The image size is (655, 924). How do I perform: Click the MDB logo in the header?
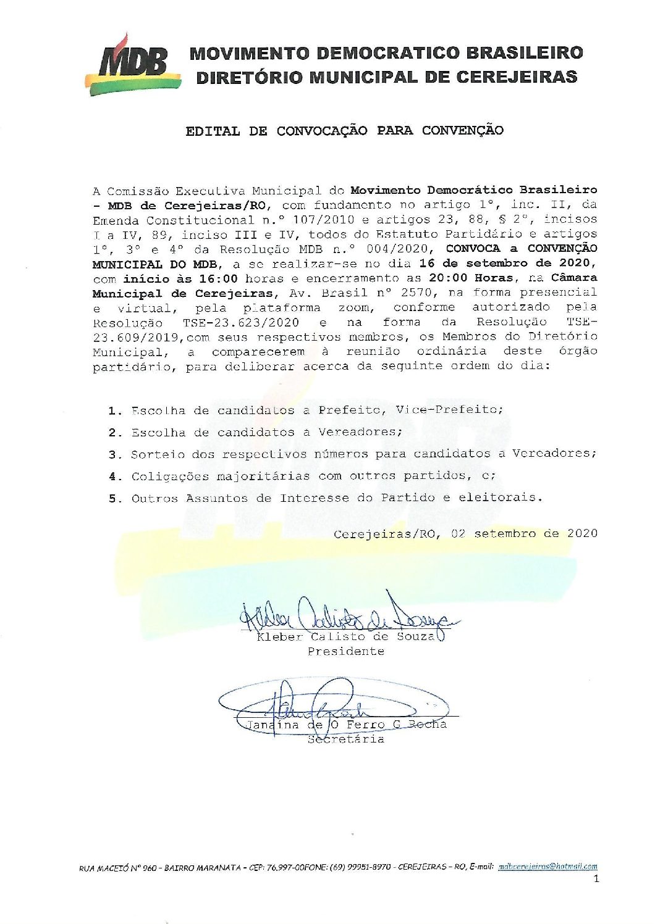(x=132, y=64)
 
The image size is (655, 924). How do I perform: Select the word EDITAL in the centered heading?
(x=212, y=131)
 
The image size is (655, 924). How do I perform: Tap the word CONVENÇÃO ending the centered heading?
(x=463, y=130)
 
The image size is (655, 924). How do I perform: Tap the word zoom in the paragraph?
(x=354, y=307)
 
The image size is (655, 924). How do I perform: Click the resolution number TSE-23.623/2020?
(x=241, y=322)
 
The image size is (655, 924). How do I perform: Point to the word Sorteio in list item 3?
(x=158, y=454)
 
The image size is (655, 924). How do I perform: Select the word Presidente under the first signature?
(x=346, y=652)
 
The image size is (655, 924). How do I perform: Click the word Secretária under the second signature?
(x=346, y=739)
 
